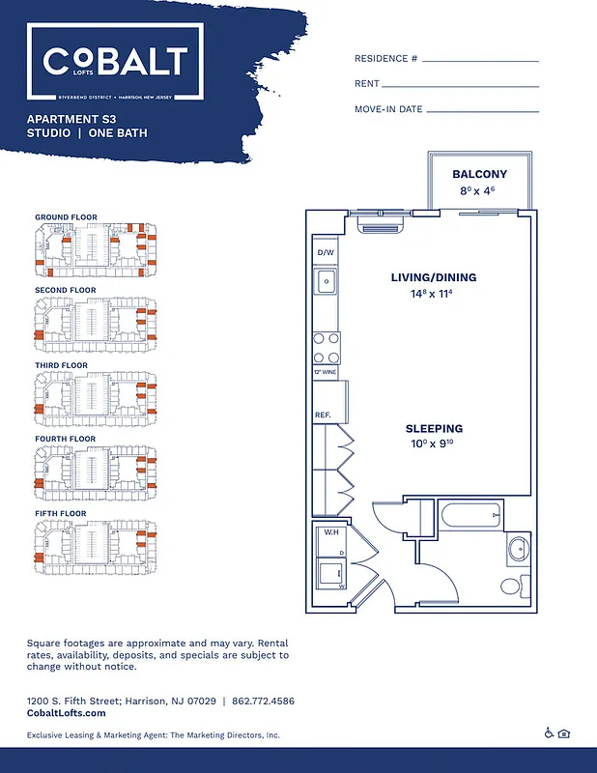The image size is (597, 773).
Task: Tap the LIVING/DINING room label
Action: [434, 277]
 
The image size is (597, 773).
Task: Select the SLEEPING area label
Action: [434, 428]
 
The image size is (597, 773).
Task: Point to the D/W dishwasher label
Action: [325, 253]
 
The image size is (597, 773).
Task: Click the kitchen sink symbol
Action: [326, 282]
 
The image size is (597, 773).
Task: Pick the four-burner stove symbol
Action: [326, 345]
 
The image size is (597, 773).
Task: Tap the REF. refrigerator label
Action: [324, 415]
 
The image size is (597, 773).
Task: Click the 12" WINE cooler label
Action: [324, 371]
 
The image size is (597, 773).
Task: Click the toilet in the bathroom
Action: [518, 550]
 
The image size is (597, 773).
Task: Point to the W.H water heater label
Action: [328, 532]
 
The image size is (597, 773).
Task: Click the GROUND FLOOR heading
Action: [66, 216]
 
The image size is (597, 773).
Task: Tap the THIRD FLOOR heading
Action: [61, 365]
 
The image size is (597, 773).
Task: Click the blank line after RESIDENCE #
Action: [480, 60]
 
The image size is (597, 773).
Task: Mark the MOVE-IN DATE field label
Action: [388, 109]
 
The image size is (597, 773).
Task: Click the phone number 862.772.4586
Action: [262, 700]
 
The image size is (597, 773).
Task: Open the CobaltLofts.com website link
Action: [67, 713]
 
